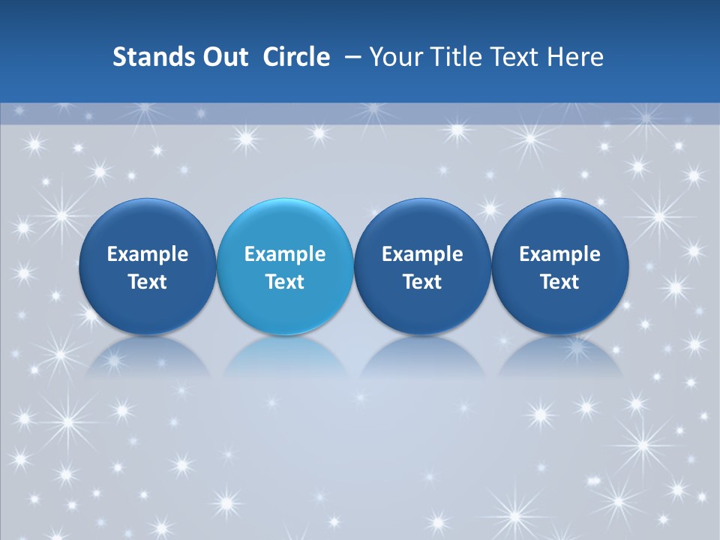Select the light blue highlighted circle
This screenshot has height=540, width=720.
point(285,267)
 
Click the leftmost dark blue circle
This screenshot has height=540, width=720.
point(148,267)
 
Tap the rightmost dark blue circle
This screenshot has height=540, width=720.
point(560,267)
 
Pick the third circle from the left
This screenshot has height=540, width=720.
point(422,267)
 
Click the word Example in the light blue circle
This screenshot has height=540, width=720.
point(285,254)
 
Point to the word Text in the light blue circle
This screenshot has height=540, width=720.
point(285,282)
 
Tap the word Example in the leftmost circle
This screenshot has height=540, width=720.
point(148,254)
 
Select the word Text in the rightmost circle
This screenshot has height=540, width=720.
point(560,282)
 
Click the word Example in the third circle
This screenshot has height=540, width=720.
point(422,254)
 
